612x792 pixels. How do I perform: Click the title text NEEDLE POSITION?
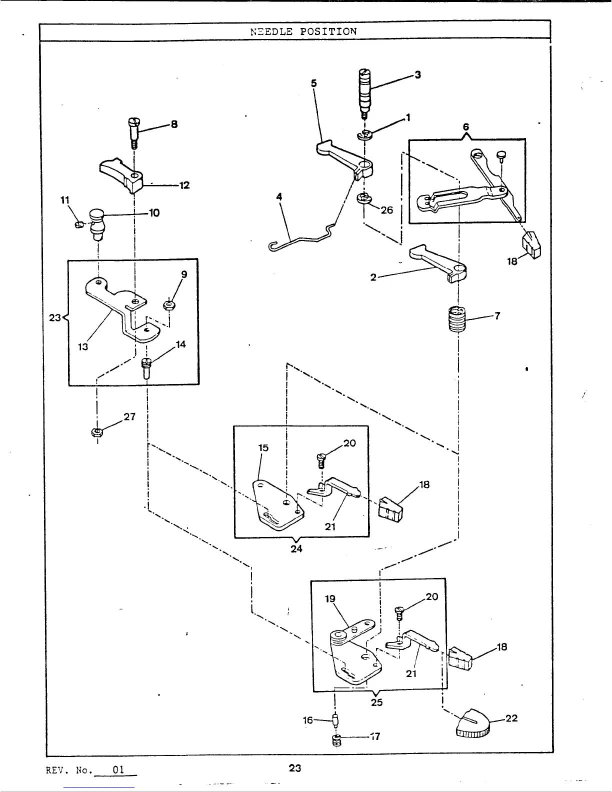(x=303, y=31)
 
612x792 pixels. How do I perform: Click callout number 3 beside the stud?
(x=417, y=75)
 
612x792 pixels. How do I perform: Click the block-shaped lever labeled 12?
(x=123, y=174)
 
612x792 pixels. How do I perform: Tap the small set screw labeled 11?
(x=79, y=224)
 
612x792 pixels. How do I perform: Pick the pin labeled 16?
(x=336, y=720)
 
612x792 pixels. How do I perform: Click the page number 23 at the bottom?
(x=295, y=767)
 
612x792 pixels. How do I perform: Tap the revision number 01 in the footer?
(x=118, y=769)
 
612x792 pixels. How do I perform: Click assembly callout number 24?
(x=296, y=548)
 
